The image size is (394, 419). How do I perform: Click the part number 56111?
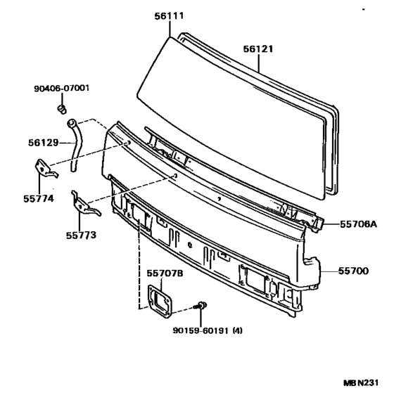[x=169, y=16]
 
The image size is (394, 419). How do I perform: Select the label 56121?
[x=258, y=49]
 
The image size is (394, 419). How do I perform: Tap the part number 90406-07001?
[x=61, y=88]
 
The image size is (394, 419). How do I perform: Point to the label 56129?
[x=43, y=143]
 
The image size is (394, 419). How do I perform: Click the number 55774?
[x=39, y=199]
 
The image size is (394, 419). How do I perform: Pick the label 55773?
[x=81, y=236]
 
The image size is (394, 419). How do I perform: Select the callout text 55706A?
[x=358, y=224]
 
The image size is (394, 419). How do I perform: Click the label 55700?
[x=353, y=271]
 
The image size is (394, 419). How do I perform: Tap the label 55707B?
[x=165, y=273]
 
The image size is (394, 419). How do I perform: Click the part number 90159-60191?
[x=201, y=331]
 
